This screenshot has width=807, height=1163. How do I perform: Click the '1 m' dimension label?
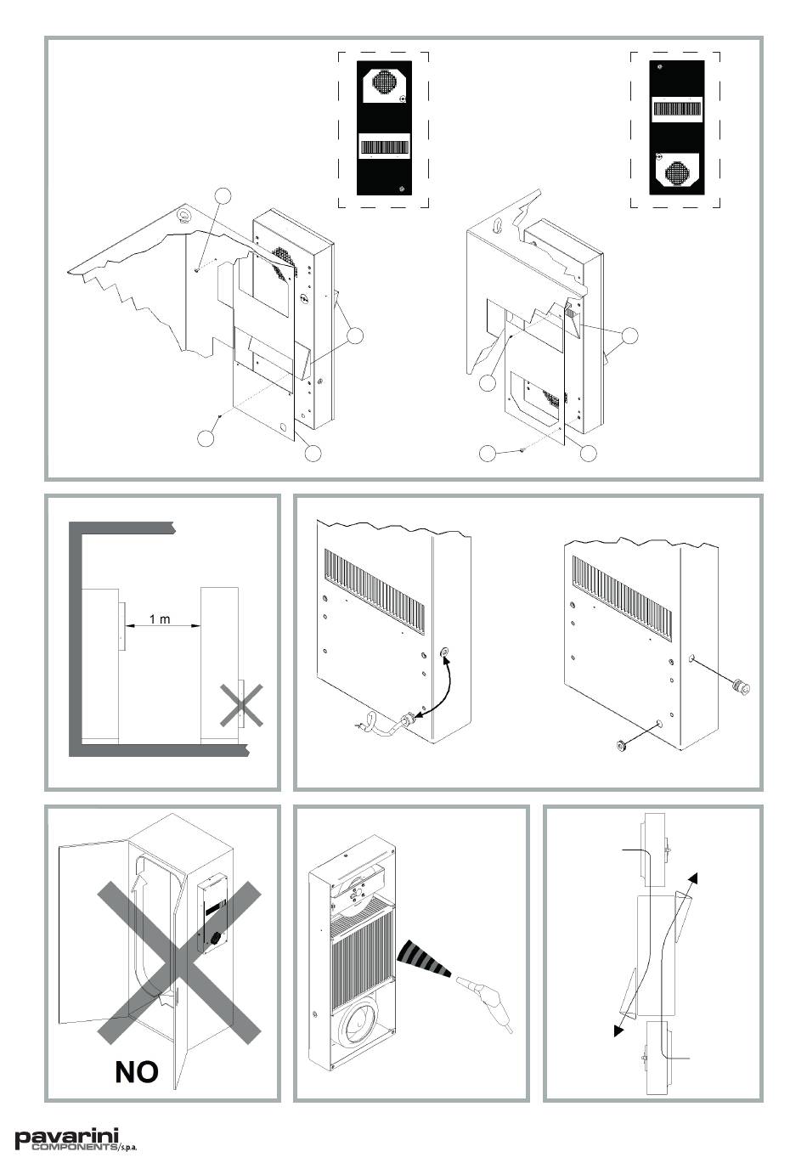tap(160, 619)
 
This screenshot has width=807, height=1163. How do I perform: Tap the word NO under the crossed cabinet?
tap(137, 1071)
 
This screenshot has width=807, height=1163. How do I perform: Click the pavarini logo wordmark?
tap(67, 1137)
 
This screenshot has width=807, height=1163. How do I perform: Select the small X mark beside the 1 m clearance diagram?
tap(241, 705)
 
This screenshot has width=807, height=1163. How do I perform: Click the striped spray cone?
tap(422, 958)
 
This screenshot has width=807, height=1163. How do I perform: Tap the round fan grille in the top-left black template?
tap(384, 82)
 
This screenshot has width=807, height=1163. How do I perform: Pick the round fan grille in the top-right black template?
tap(677, 173)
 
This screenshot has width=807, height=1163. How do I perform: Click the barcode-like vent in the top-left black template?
tap(384, 147)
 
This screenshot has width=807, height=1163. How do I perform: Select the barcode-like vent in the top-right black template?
tap(677, 109)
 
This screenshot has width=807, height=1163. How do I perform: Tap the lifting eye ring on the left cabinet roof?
tap(183, 214)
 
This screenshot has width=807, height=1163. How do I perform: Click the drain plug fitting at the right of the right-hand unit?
tap(740, 687)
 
